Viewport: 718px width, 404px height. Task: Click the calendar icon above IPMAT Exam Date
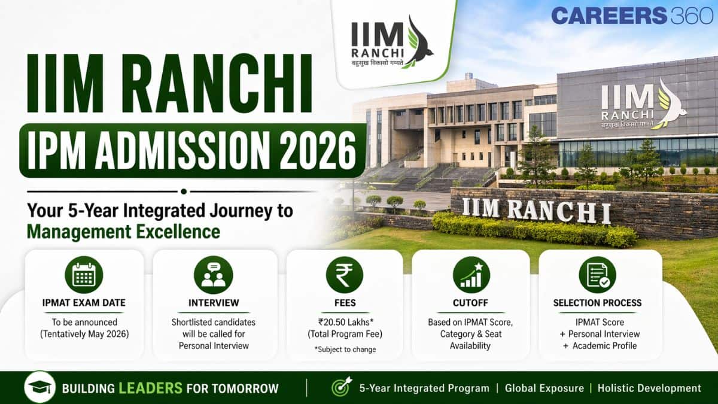pyautogui.click(x=84, y=275)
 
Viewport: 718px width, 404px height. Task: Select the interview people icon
pyautogui.click(x=214, y=275)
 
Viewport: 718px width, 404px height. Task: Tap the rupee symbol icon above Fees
pyautogui.click(x=344, y=275)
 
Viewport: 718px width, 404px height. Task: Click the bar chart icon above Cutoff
pyautogui.click(x=471, y=275)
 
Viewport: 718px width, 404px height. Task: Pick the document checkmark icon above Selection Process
pyautogui.click(x=597, y=275)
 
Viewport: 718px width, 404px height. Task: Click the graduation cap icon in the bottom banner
pyautogui.click(x=39, y=388)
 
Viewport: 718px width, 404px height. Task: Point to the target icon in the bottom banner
pyautogui.click(x=341, y=388)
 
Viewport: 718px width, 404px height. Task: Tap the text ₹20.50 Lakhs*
pyautogui.click(x=344, y=322)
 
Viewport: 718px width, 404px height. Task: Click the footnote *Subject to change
pyautogui.click(x=345, y=350)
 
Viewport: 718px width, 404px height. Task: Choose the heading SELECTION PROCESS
pyautogui.click(x=597, y=303)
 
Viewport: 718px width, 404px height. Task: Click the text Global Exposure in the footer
pyautogui.click(x=544, y=388)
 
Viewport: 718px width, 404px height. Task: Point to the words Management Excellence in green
pyautogui.click(x=123, y=231)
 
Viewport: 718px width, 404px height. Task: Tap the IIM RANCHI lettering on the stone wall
pyautogui.click(x=536, y=211)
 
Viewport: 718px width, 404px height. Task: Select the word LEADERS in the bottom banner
pyautogui.click(x=150, y=388)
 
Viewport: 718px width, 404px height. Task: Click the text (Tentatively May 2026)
pyautogui.click(x=84, y=334)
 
